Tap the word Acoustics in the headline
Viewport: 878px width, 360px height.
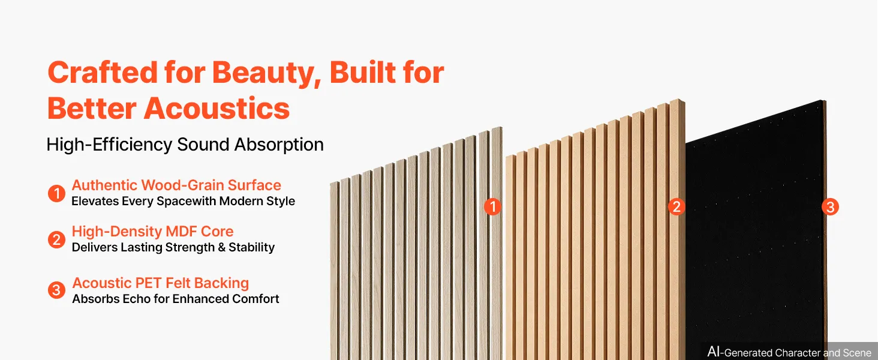click(217, 109)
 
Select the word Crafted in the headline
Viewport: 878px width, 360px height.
click(103, 72)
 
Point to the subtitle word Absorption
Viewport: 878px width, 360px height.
click(279, 145)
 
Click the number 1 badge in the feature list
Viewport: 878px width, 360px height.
click(56, 193)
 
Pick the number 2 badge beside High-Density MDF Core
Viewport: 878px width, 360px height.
click(56, 239)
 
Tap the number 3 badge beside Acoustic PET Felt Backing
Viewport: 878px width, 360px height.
click(56, 290)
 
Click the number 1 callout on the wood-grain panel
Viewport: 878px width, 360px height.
click(492, 206)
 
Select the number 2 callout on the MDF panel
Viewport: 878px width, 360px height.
click(676, 206)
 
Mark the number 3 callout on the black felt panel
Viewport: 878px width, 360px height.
click(830, 207)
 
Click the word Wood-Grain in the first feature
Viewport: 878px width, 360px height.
click(182, 185)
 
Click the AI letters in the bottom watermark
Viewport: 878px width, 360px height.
click(714, 352)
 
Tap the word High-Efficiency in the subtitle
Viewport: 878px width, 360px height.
click(109, 145)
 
